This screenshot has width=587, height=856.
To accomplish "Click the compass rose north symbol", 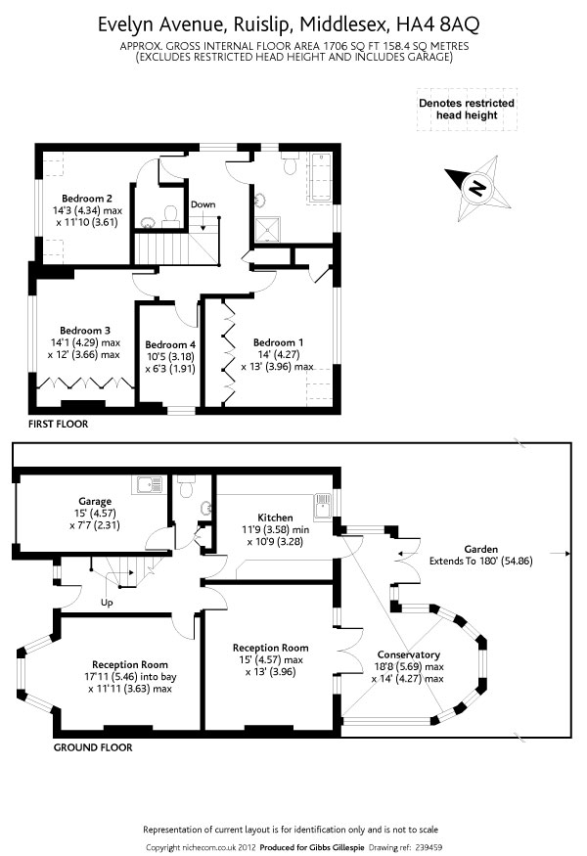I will (x=477, y=188).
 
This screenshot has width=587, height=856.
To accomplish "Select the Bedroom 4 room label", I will (x=170, y=344).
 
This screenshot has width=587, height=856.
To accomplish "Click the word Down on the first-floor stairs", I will (x=203, y=204).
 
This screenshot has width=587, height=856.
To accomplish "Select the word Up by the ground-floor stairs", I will (x=107, y=603).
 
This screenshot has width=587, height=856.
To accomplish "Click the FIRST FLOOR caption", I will (x=58, y=425).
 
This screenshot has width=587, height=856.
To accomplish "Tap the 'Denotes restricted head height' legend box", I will (x=467, y=109).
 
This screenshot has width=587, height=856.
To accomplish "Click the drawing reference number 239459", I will (x=430, y=847).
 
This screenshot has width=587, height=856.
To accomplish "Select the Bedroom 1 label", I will (x=278, y=341).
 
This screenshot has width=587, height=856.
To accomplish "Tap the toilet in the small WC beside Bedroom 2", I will (x=169, y=212).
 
